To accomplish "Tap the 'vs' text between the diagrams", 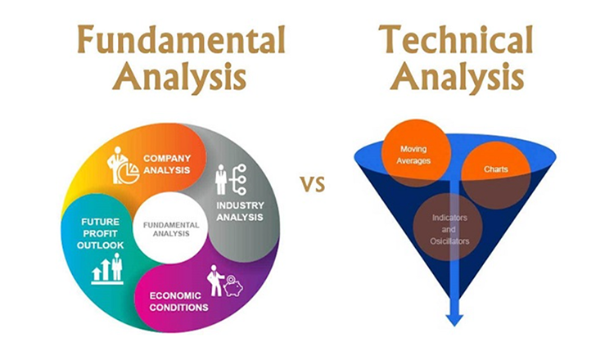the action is [x=313, y=184].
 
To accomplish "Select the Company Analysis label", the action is [x=167, y=164].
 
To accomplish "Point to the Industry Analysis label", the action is [x=240, y=211].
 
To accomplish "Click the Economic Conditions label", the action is [x=178, y=301].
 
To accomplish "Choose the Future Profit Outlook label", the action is [x=100, y=234].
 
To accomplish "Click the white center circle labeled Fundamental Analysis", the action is [x=171, y=229].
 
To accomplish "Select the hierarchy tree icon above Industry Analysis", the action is [x=238, y=179].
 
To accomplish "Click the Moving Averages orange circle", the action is [x=416, y=153].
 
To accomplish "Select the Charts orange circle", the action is [x=496, y=175].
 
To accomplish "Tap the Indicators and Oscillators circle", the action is [x=448, y=227].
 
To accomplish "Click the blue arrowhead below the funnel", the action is [x=454, y=320].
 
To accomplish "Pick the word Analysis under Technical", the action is [x=457, y=77].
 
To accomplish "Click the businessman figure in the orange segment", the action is [x=116, y=164].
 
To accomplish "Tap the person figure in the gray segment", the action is [x=221, y=179].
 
